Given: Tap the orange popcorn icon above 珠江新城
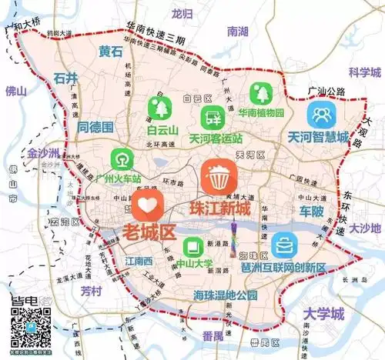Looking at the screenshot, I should (x=218, y=178).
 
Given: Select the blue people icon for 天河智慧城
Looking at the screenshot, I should (x=321, y=116).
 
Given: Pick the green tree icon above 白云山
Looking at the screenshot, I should (x=162, y=105).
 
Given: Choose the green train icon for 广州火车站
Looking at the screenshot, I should (x=121, y=158).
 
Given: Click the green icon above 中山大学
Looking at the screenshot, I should (x=192, y=248).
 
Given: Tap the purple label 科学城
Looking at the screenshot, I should (x=364, y=72).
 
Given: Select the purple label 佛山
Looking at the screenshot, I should (x=15, y=90).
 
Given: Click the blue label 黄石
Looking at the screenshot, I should (x=111, y=52).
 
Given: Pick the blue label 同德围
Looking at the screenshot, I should (x=95, y=126).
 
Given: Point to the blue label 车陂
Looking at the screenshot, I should (x=312, y=210).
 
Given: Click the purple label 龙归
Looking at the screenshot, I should (x=182, y=13).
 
